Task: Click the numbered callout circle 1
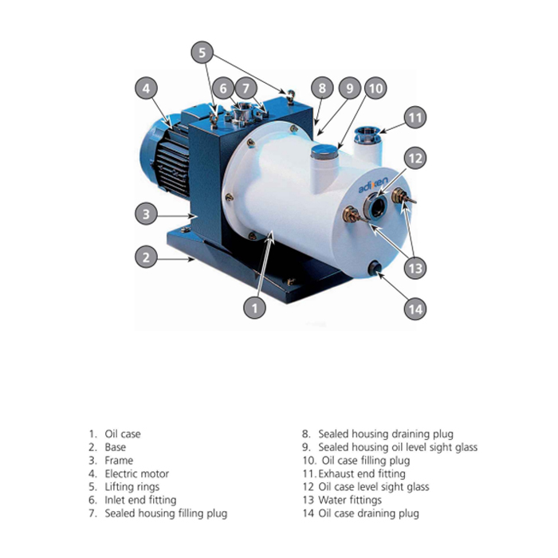pyautogui.click(x=254, y=308)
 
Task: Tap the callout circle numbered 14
pyautogui.click(x=415, y=309)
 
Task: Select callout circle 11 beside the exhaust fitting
pyautogui.click(x=415, y=117)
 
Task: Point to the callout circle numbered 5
pyautogui.click(x=202, y=53)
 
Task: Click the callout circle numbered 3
pyautogui.click(x=146, y=214)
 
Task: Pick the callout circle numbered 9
pyautogui.click(x=349, y=88)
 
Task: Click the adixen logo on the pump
pyautogui.click(x=372, y=185)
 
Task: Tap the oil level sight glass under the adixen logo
pyautogui.click(x=375, y=206)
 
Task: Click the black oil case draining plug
pyautogui.click(x=375, y=267)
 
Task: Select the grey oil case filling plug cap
pyautogui.click(x=324, y=151)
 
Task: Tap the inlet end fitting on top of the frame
pyautogui.click(x=243, y=112)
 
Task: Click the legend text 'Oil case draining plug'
pyautogui.click(x=368, y=513)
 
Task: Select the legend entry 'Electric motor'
pyautogui.click(x=136, y=474)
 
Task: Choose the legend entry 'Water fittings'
pyautogui.click(x=350, y=500)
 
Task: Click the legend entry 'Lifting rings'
pyautogui.click(x=132, y=487)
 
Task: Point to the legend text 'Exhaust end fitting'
pyautogui.click(x=362, y=474)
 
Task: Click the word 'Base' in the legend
pyautogui.click(x=116, y=447)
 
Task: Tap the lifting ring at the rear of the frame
pyautogui.click(x=291, y=96)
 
